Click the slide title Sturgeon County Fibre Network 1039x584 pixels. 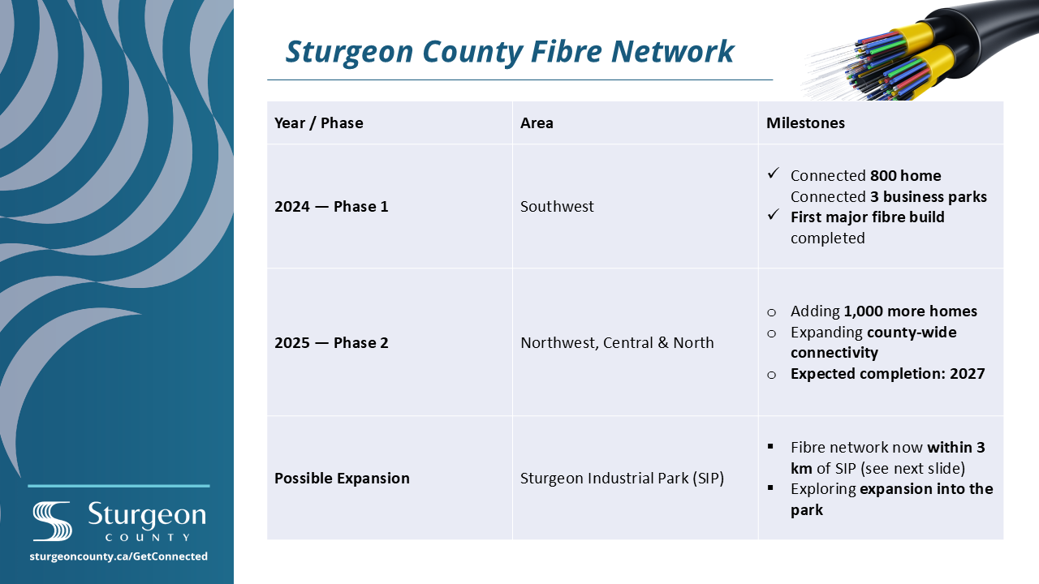click(x=509, y=52)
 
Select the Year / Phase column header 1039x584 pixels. click(x=319, y=122)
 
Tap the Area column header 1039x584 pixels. click(x=537, y=122)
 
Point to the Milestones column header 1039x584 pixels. click(x=805, y=122)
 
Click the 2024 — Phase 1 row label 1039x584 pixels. click(x=331, y=206)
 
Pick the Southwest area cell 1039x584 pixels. click(x=557, y=206)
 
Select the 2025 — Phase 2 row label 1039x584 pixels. click(x=331, y=342)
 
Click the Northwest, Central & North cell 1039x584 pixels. click(x=617, y=342)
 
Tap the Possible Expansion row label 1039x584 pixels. click(x=342, y=478)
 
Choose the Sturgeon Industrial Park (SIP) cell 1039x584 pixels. click(x=622, y=478)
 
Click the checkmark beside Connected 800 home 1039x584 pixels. click(x=774, y=173)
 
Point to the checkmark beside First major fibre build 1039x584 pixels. click(x=774, y=214)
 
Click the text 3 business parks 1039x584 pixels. click(x=928, y=196)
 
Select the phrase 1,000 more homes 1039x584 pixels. click(x=910, y=311)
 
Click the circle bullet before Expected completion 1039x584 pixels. click(x=771, y=375)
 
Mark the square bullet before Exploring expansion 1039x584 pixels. click(x=770, y=487)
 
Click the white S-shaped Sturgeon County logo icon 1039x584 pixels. click(x=52, y=521)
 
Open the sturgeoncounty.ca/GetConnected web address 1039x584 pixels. click(x=119, y=556)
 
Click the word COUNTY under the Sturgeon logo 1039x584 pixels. click(x=148, y=537)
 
